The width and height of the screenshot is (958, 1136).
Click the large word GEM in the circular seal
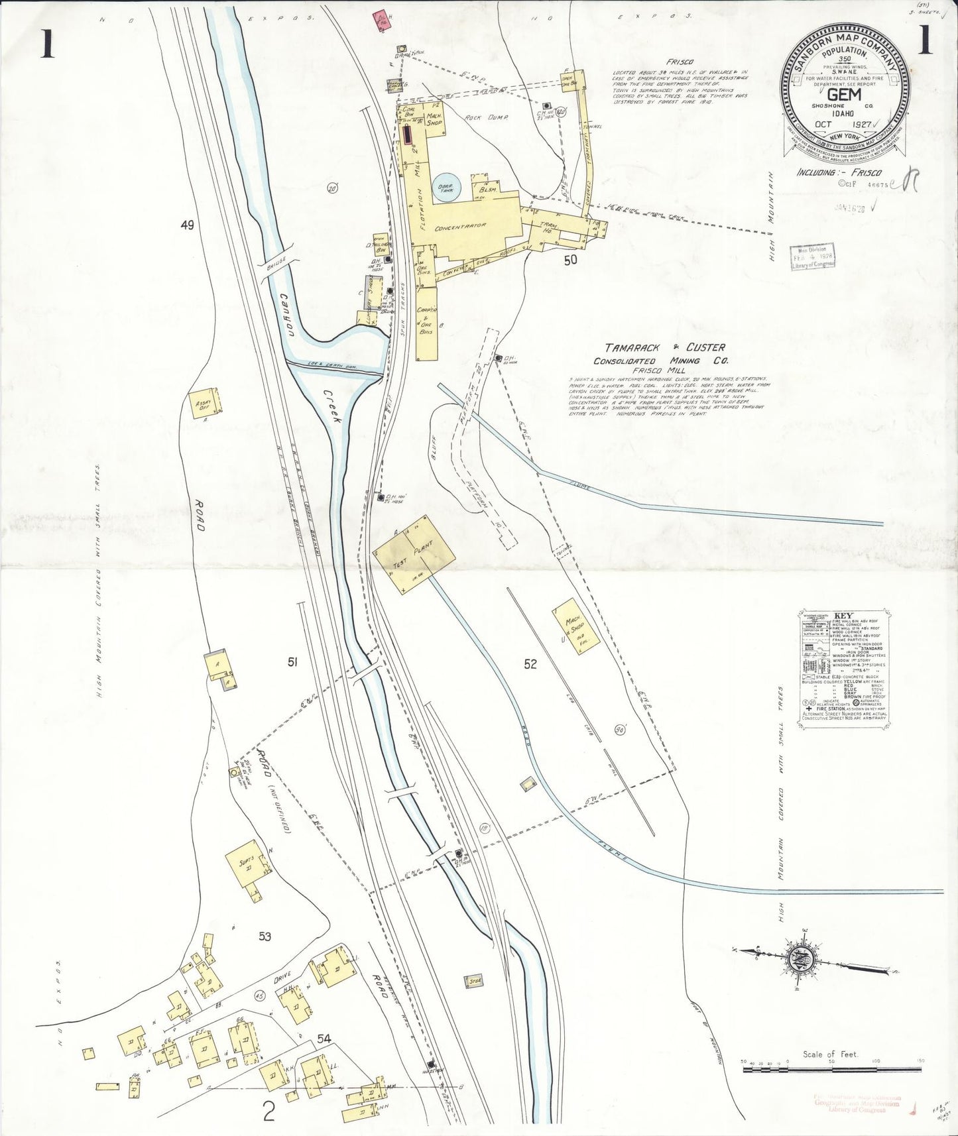(844, 94)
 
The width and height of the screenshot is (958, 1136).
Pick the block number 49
(187, 225)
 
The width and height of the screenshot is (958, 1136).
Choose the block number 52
(530, 664)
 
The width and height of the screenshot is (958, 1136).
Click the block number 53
(265, 937)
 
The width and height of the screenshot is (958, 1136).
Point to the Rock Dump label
(485, 117)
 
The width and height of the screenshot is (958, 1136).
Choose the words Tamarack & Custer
(664, 347)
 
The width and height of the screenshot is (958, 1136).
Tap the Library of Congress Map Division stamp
(812, 255)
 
